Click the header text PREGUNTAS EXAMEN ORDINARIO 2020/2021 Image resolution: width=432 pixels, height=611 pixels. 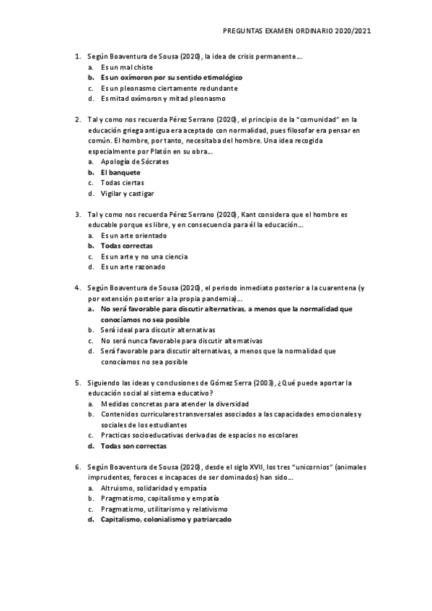tap(297, 32)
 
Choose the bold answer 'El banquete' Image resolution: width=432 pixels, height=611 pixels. tap(120, 173)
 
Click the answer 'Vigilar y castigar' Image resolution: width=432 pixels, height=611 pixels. tap(128, 194)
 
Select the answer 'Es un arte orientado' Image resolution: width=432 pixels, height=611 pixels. tap(133, 236)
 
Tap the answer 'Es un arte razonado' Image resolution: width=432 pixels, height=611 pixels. tap(133, 267)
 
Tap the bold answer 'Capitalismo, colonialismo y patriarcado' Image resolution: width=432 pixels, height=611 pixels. tap(166, 519)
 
